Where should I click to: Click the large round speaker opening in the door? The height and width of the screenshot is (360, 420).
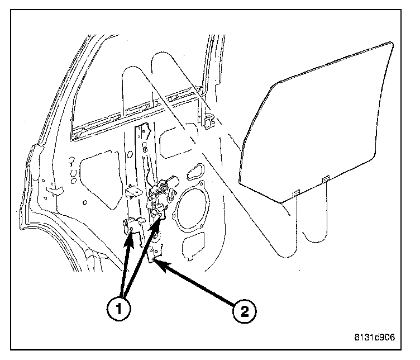tap(192, 211)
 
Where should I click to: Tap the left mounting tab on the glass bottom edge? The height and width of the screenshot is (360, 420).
tap(297, 192)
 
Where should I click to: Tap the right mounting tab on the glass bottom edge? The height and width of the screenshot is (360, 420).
tap(326, 178)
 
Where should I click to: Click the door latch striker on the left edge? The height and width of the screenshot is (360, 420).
tap(53, 190)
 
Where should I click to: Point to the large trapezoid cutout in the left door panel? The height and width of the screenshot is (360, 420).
tap(102, 179)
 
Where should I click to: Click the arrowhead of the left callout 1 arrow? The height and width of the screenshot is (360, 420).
tap(132, 235)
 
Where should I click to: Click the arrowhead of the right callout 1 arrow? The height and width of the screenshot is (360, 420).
tap(161, 216)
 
